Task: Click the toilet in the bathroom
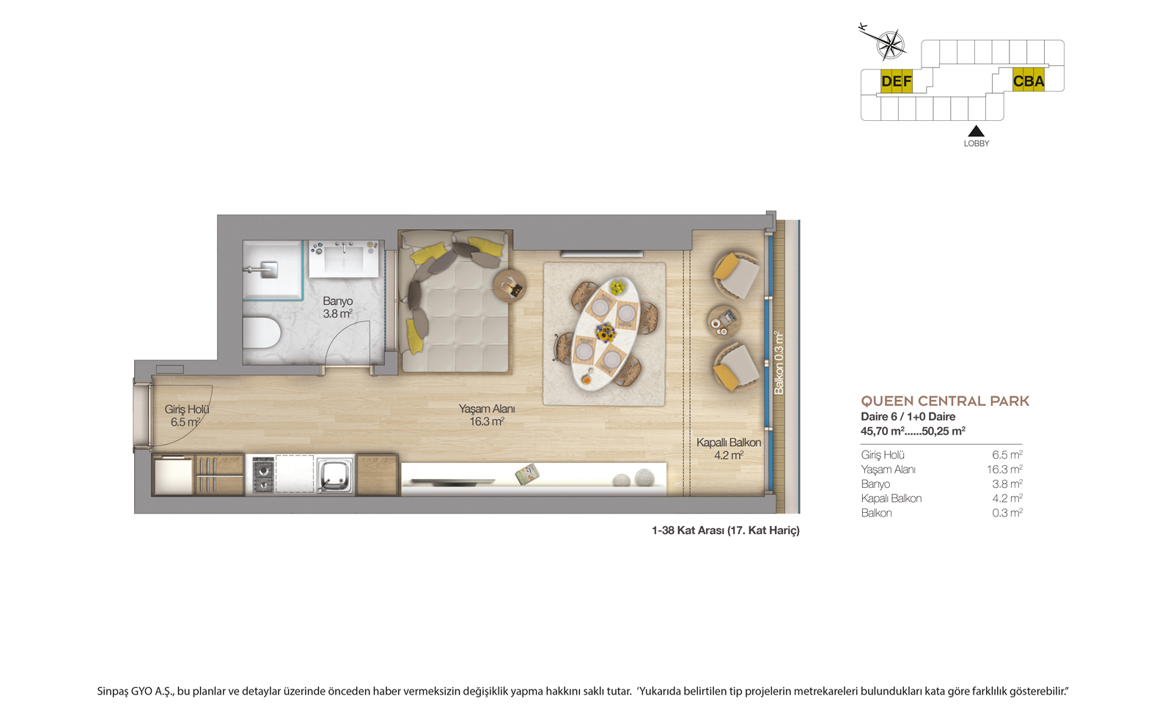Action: point(262,333)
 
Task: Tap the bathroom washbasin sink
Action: point(344,259)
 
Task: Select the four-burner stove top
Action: point(263,475)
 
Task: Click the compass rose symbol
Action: point(891,45)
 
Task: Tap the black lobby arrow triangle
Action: point(976,131)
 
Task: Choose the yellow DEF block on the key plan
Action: point(896,81)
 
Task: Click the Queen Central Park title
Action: point(945,401)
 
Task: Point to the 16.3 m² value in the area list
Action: point(1005,470)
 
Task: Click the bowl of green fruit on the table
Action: point(617,286)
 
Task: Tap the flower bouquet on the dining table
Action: point(606,333)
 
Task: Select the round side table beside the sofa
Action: point(510,286)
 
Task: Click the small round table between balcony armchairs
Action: point(723,322)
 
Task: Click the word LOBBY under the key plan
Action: point(977,144)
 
